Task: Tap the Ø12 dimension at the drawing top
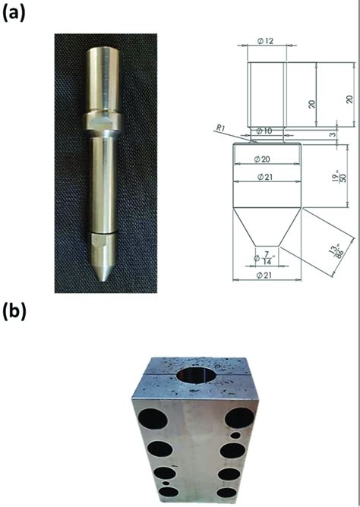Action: click(x=266, y=40)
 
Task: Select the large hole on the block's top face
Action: click(x=197, y=376)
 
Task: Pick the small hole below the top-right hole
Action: click(x=238, y=436)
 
